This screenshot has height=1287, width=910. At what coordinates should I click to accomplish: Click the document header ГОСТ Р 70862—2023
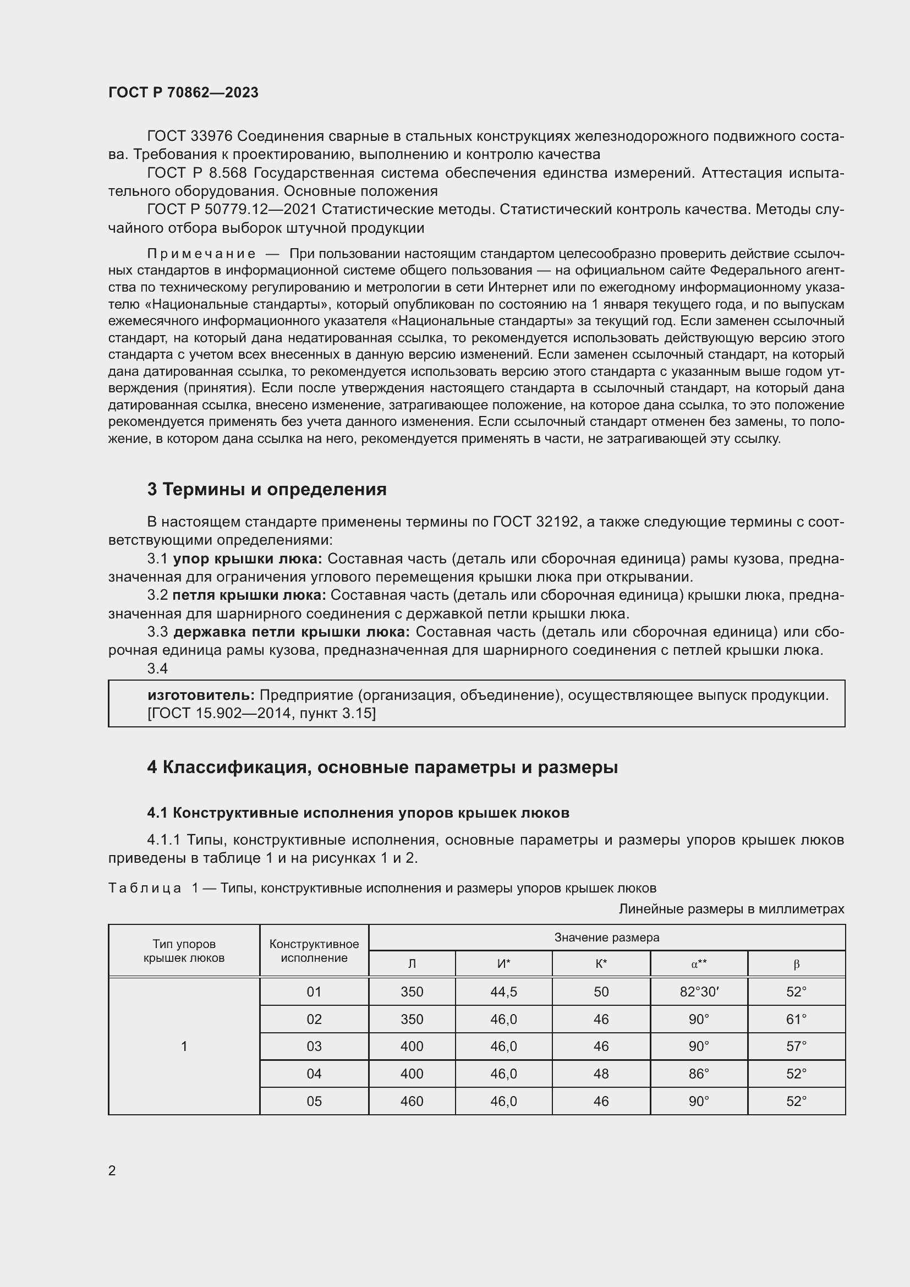point(183,92)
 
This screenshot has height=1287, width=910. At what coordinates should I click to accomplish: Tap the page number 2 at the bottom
point(112,1170)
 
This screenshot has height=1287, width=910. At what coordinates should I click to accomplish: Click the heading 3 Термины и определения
point(267,489)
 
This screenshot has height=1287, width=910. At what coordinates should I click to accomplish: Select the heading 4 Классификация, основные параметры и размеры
point(382,767)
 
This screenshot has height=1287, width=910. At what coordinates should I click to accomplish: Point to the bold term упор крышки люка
point(247,559)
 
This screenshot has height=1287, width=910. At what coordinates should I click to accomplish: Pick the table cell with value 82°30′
point(699,992)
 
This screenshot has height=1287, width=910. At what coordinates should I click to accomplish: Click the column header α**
point(699,964)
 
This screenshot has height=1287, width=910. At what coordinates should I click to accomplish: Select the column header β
point(796,964)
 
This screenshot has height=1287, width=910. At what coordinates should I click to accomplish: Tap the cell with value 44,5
point(503,992)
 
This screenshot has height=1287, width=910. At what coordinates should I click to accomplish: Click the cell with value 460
point(412,1102)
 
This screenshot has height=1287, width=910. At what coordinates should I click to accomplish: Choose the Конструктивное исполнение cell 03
point(314,1047)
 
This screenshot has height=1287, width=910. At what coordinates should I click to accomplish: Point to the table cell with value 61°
point(796,1019)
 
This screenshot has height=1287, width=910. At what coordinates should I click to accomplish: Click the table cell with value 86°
point(699,1074)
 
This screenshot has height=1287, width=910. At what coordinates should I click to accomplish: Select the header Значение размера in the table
point(606,937)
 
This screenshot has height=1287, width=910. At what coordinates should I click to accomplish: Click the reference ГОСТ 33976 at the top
point(189,136)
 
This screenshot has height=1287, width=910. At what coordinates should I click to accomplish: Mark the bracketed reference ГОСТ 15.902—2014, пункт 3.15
point(262,713)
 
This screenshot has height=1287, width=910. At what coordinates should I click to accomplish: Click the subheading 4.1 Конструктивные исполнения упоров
point(358,813)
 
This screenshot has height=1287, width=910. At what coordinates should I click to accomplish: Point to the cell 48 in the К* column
point(601,1074)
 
